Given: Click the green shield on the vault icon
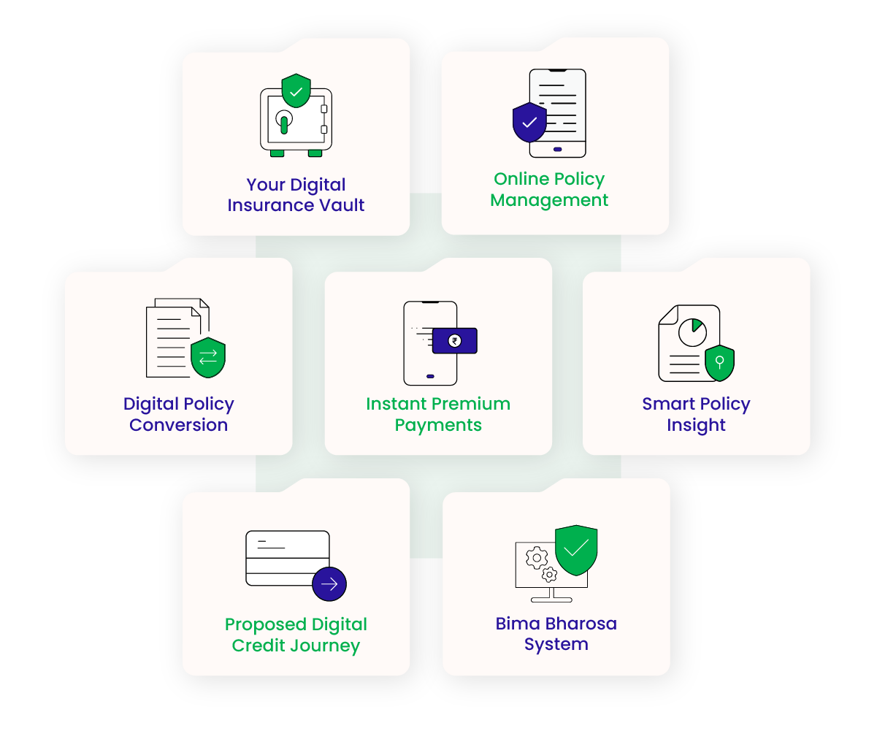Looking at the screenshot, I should [x=296, y=91].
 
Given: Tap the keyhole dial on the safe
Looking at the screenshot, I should [x=283, y=118].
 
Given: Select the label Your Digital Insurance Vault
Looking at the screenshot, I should [x=296, y=195].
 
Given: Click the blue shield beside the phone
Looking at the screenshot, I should [x=529, y=122].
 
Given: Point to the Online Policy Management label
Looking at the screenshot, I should [x=549, y=189].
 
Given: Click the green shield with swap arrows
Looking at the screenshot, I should [x=208, y=357].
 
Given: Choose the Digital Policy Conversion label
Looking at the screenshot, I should [x=179, y=414].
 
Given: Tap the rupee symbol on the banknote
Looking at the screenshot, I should [x=454, y=340].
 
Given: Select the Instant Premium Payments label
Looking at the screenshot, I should [x=438, y=414].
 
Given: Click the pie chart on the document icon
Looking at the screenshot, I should [x=692, y=333].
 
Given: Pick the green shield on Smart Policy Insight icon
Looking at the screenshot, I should [x=719, y=362].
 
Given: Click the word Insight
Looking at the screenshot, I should [x=696, y=425].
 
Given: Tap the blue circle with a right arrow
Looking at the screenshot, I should [x=329, y=583].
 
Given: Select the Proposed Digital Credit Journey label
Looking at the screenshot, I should [x=296, y=635].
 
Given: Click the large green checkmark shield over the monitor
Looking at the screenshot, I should [x=576, y=548].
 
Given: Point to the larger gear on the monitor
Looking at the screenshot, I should [x=537, y=559].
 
